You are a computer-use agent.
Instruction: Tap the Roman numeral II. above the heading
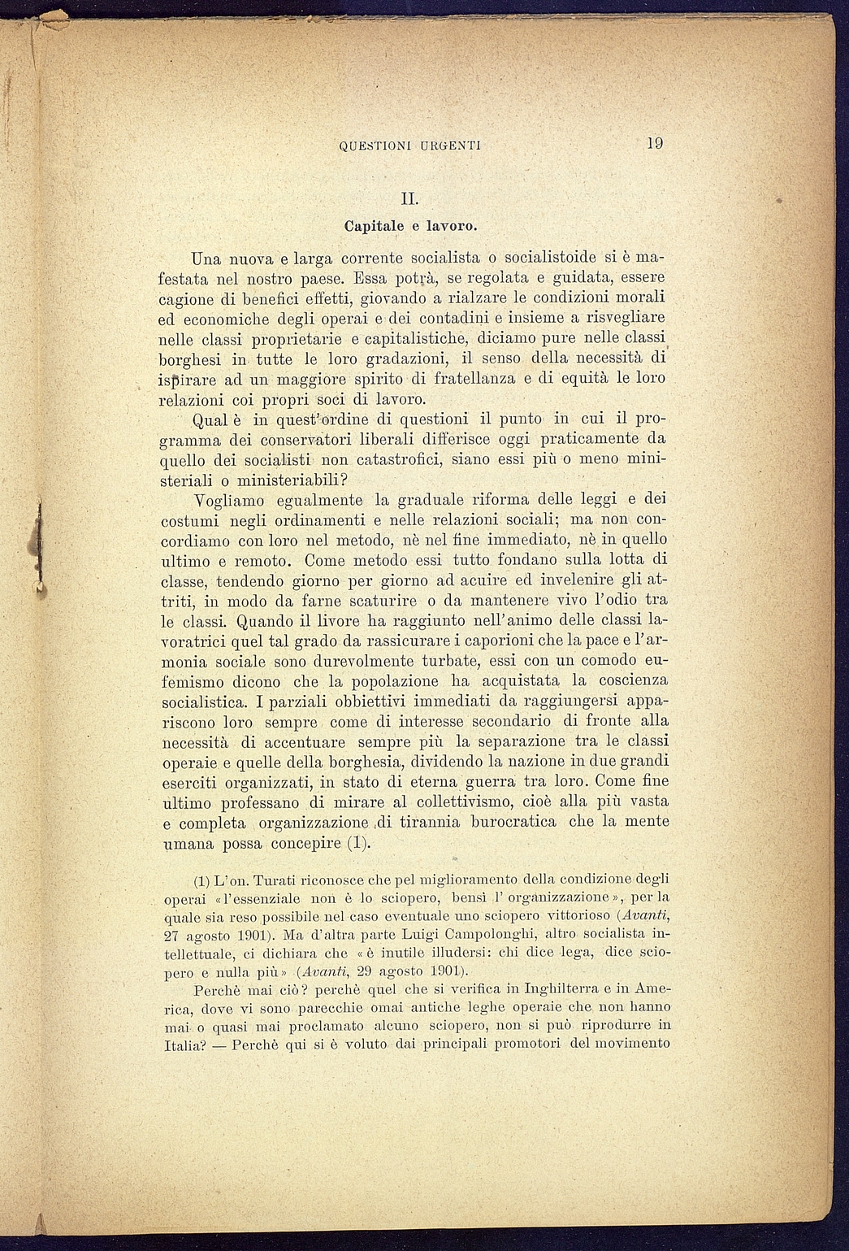pos(409,198)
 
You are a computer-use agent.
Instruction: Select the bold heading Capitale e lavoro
pos(410,223)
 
